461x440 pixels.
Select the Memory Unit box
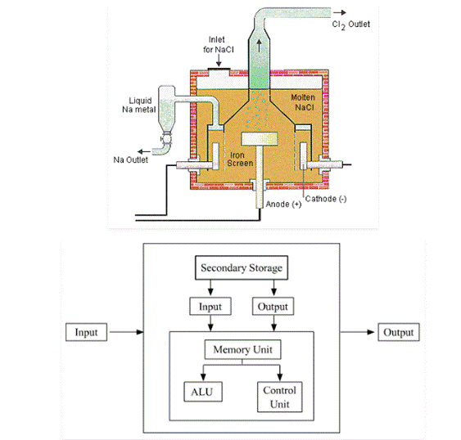click(x=242, y=349)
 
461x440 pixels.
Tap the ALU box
click(x=201, y=391)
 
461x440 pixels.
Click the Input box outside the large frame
click(x=86, y=333)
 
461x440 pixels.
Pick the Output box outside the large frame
click(x=398, y=333)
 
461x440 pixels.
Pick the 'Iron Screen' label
click(x=239, y=159)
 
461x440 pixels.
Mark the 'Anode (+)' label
click(x=284, y=204)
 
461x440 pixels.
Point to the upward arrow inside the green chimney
click(x=261, y=46)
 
